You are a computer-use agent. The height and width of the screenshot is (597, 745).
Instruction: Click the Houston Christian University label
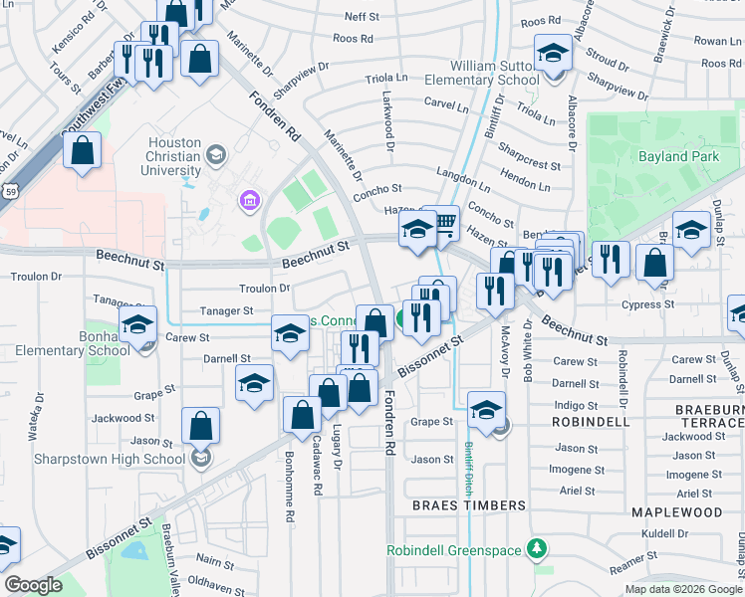coord(175,156)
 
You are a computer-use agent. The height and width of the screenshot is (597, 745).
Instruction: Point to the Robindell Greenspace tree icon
coord(538,548)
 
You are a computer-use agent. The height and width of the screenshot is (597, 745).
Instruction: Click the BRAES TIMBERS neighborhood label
coord(469,505)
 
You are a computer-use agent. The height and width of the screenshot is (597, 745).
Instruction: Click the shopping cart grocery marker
coord(445,223)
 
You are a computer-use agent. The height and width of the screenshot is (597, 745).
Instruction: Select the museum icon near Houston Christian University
coord(248,203)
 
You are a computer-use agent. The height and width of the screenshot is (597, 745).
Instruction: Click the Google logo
coord(33,585)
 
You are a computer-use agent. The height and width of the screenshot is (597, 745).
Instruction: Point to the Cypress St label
coord(648,304)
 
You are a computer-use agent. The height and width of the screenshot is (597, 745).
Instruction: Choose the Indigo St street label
coord(576,405)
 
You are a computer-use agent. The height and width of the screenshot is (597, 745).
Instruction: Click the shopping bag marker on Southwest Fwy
coord(83,152)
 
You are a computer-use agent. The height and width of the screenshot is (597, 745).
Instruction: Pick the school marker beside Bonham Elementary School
coord(137,323)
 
